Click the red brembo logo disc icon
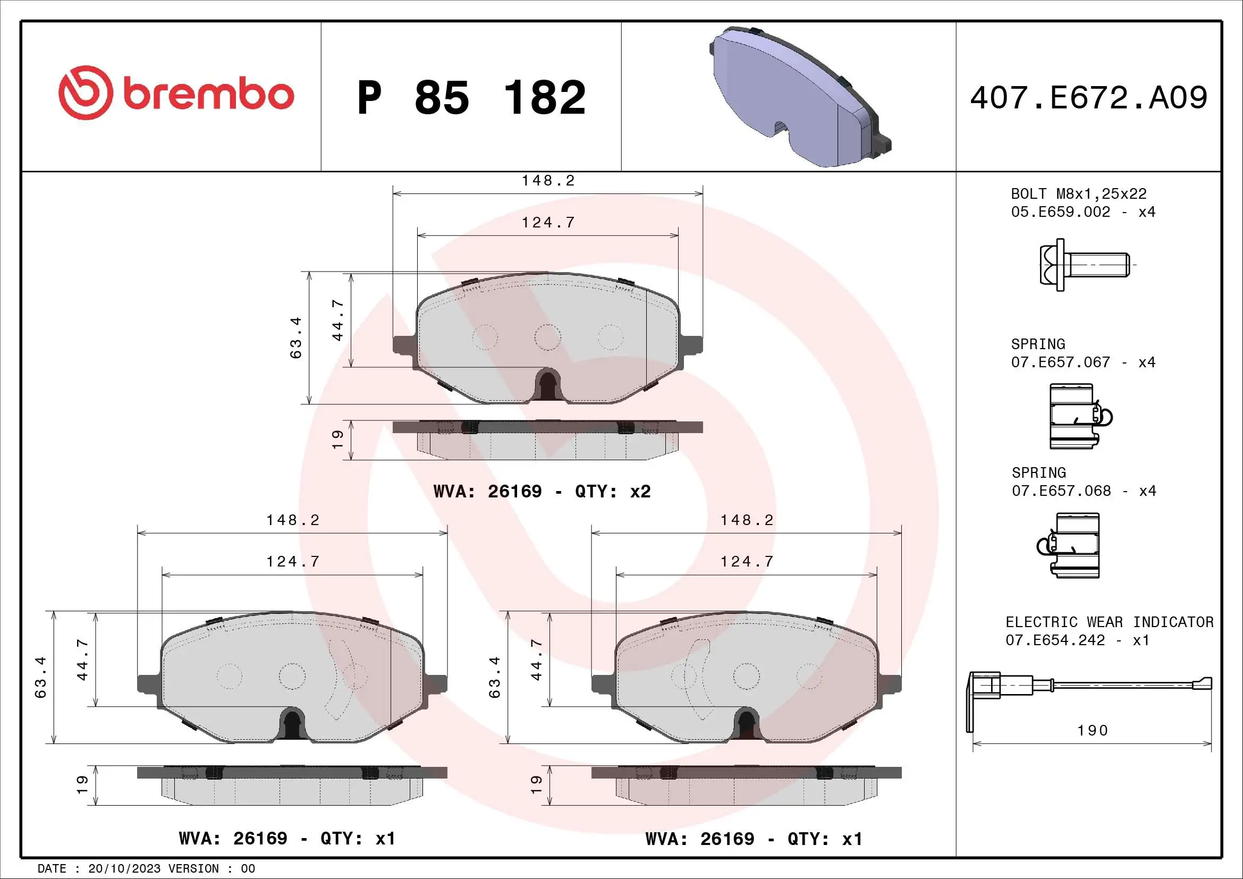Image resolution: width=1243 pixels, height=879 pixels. (86, 92)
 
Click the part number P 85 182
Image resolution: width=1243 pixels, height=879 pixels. (471, 97)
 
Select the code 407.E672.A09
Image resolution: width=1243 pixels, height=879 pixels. (1088, 98)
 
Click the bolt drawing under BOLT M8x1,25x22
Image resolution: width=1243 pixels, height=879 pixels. (1083, 265)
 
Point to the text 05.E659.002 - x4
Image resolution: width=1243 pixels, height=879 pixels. (1083, 212)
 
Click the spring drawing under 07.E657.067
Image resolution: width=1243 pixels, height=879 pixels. (1078, 416)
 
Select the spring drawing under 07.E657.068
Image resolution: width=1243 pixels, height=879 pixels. (1072, 546)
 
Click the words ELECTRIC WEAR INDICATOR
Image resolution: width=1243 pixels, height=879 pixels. (1109, 622)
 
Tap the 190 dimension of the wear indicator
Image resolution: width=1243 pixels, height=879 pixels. (1093, 731)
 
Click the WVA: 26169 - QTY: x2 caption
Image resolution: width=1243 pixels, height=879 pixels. (542, 492)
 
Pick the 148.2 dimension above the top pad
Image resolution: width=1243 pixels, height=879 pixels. (548, 181)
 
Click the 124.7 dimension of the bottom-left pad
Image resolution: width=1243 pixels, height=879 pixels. (292, 562)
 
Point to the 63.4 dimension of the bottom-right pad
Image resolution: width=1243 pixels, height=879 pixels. (494, 677)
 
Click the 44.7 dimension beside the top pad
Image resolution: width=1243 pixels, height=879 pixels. (337, 320)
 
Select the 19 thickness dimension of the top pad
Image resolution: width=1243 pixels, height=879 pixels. (337, 439)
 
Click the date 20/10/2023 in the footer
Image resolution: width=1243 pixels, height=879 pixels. (124, 869)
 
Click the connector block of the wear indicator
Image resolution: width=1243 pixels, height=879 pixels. (985, 684)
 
